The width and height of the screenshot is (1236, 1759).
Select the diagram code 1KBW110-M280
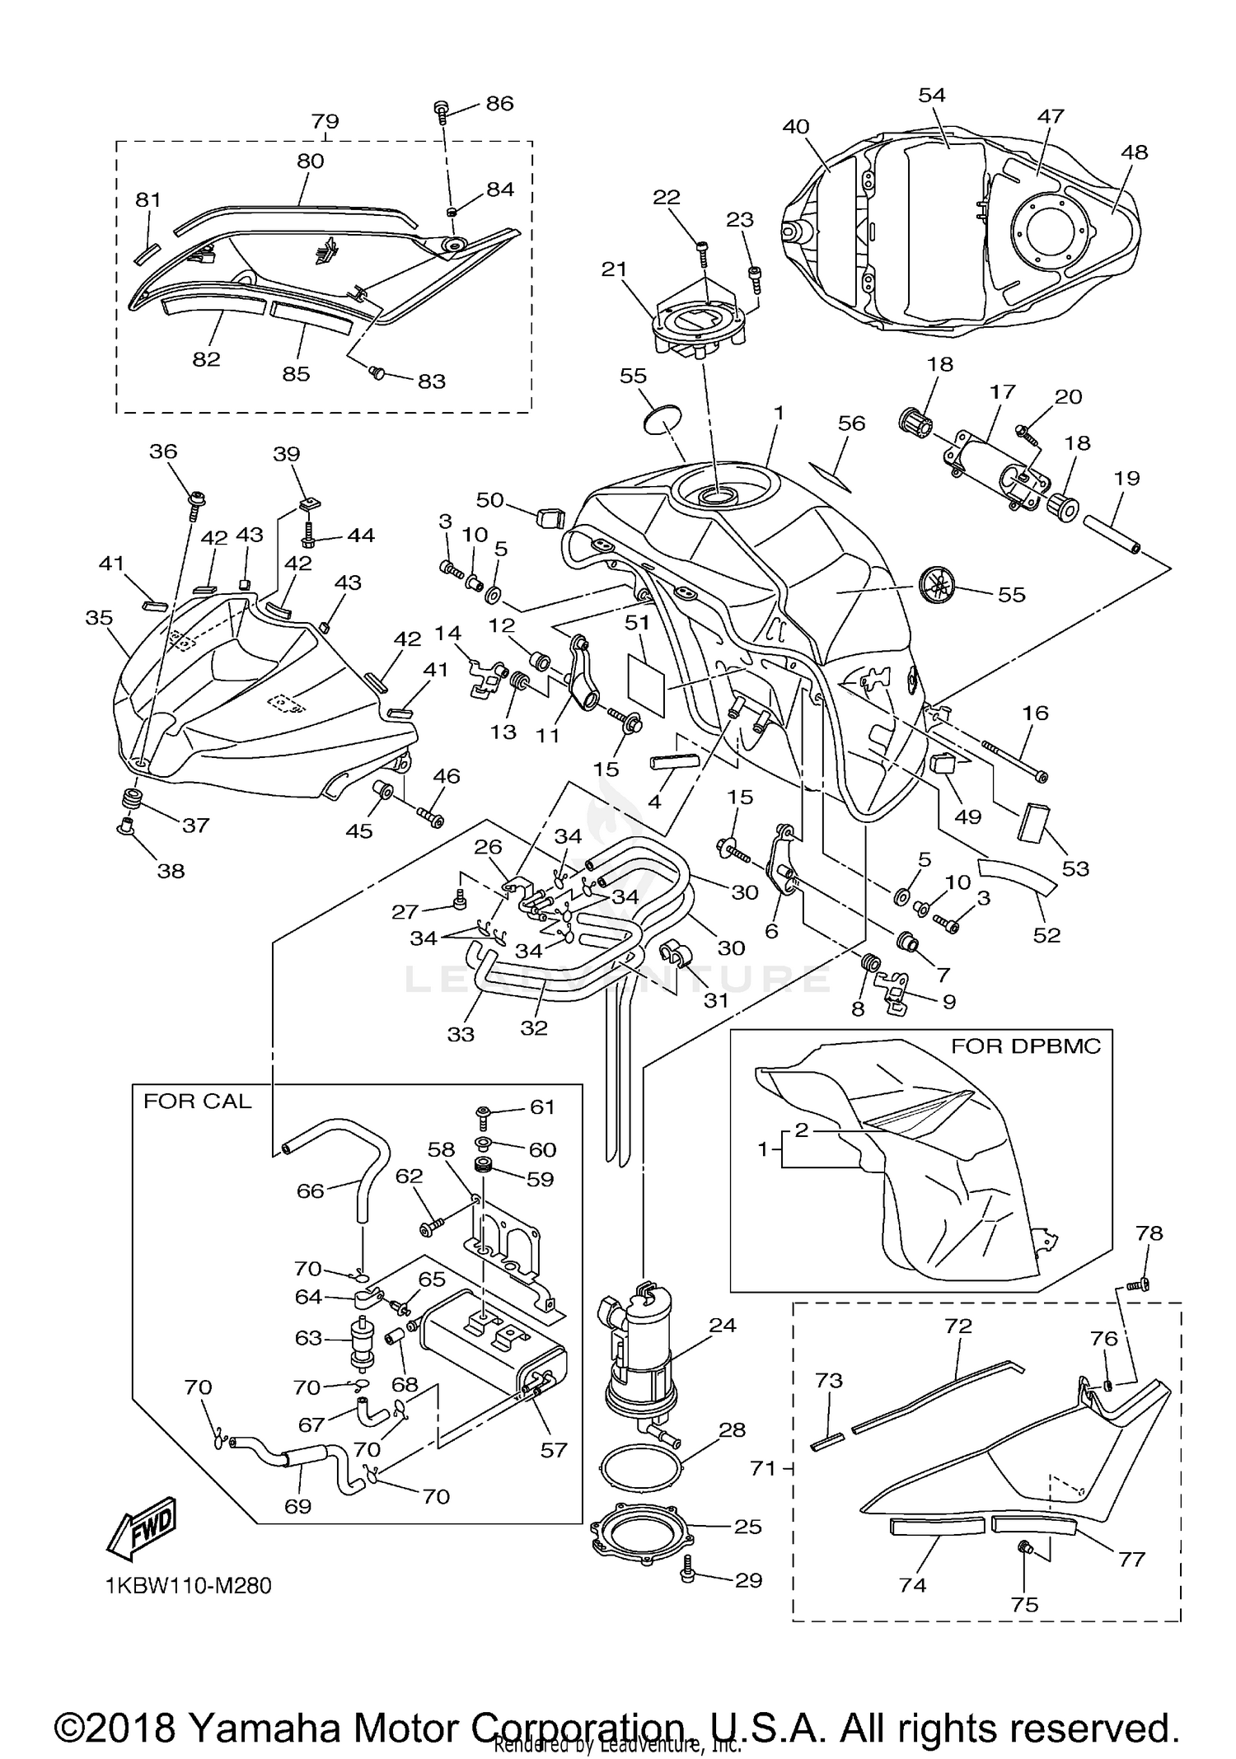click(189, 1585)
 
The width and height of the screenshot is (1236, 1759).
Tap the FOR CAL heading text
click(198, 1102)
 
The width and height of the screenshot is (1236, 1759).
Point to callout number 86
click(499, 103)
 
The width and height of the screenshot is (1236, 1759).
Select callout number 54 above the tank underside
click(932, 95)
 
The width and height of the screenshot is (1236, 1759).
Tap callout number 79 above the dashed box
click(325, 121)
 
